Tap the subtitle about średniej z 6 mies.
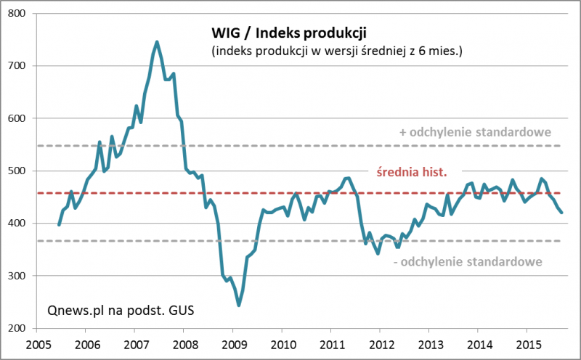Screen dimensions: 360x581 [337, 52]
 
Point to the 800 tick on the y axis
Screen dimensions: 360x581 [18, 14]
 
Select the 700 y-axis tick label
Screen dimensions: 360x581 [18, 66]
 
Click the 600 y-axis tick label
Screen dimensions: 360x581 [18, 118]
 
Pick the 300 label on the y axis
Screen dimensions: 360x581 [18, 276]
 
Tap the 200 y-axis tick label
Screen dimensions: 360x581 [18, 328]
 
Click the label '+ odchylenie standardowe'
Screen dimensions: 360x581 [475, 132]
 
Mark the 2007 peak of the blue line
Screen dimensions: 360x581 [157, 42]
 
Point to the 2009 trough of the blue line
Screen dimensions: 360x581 [239, 306]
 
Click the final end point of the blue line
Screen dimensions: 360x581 [561, 212]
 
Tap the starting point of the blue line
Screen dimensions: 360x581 [59, 225]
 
